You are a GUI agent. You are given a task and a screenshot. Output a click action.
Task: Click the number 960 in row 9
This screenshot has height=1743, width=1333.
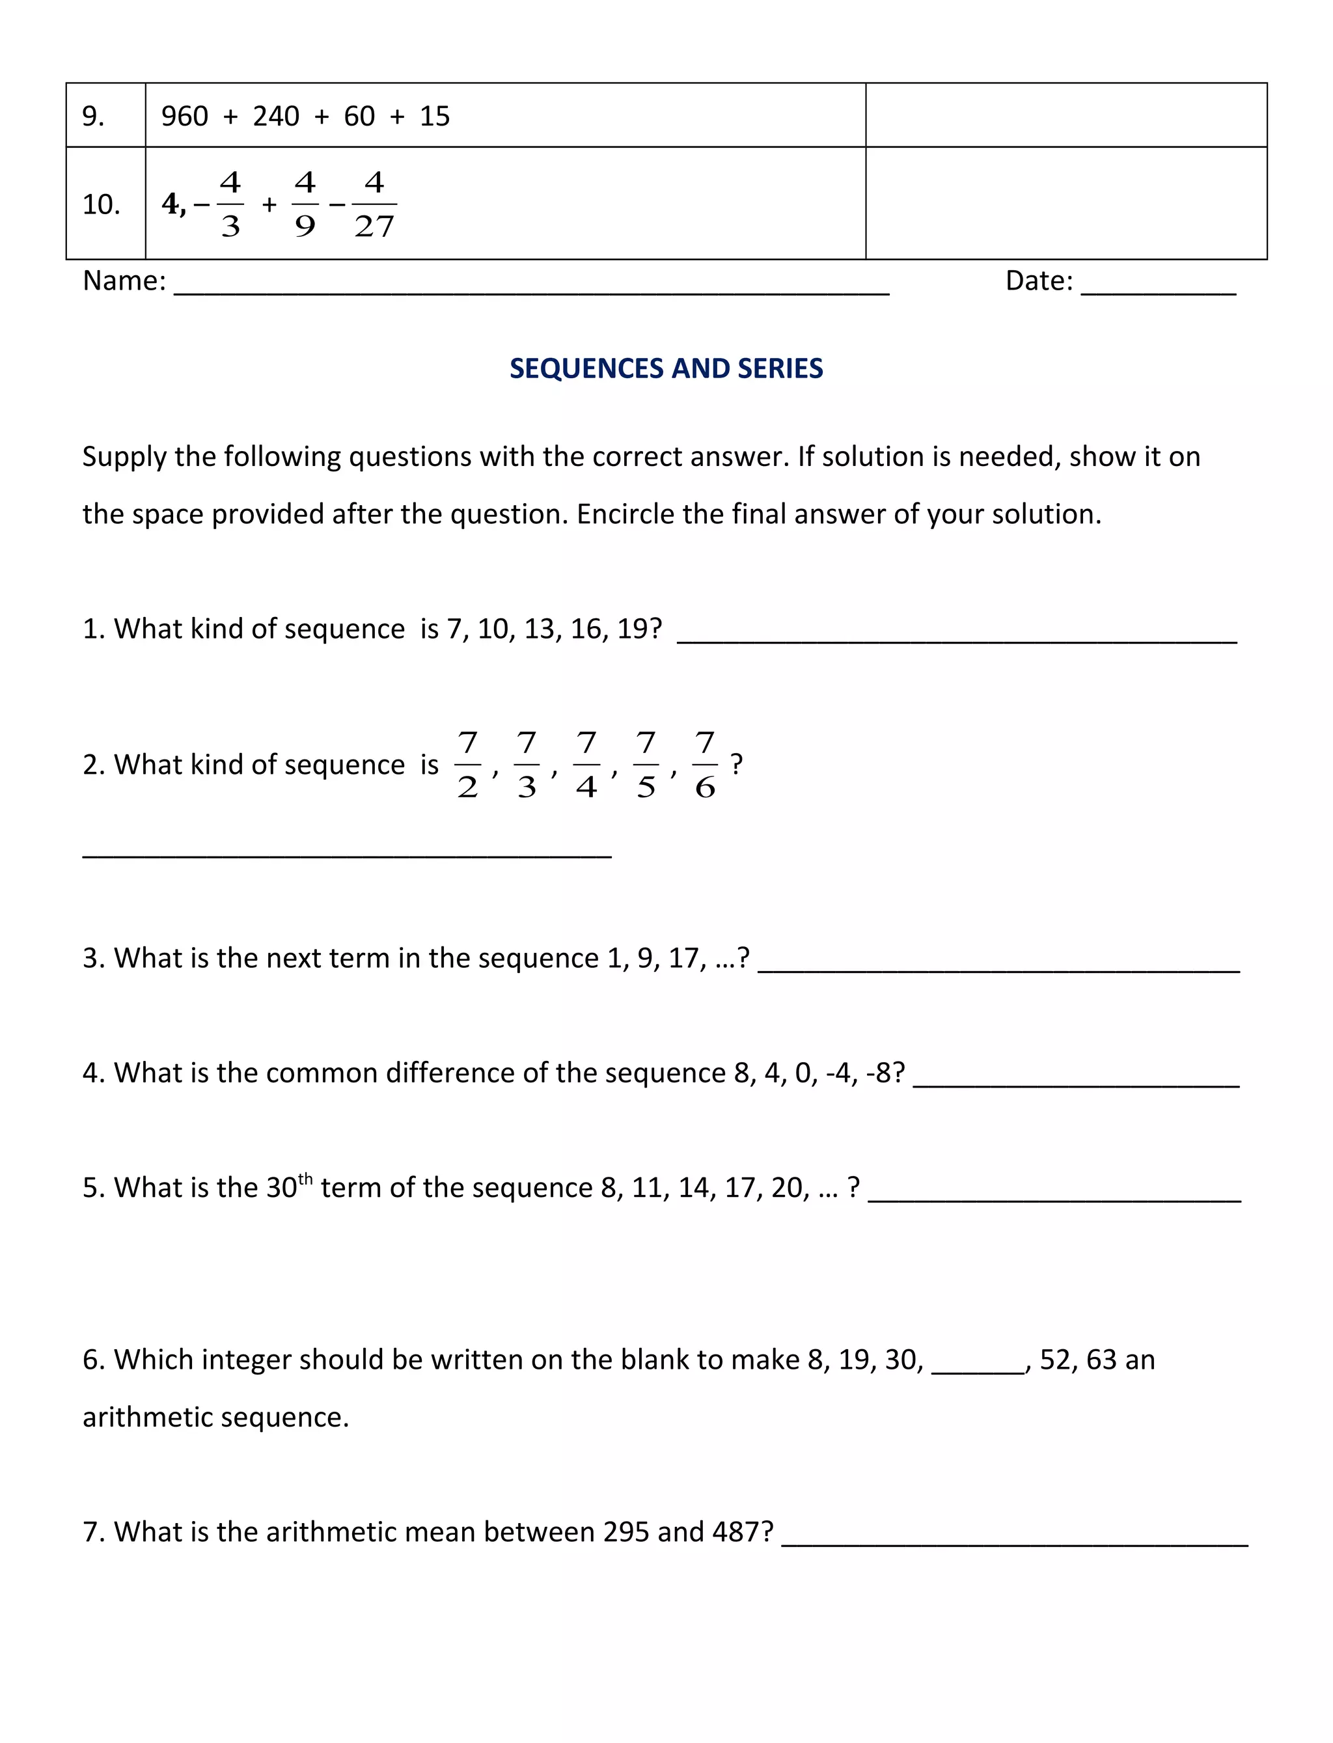pyautogui.click(x=184, y=117)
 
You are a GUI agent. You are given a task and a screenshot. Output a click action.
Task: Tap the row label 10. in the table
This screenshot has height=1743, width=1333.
pyautogui.click(x=101, y=204)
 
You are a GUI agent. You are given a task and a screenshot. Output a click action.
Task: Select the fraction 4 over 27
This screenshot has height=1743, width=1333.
pyautogui.click(x=374, y=204)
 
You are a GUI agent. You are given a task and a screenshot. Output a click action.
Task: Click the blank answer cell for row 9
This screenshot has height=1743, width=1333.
pyautogui.click(x=1065, y=116)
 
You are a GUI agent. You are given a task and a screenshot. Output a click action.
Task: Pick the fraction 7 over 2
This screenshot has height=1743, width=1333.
pyautogui.click(x=467, y=765)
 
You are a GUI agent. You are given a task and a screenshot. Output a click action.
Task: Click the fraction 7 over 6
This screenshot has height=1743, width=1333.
pyautogui.click(x=705, y=765)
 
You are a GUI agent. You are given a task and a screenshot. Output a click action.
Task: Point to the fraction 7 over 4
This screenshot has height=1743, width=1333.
pyautogui.click(x=586, y=765)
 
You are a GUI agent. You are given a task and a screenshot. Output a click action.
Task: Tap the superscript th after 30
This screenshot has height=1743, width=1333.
pyautogui.click(x=305, y=1178)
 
